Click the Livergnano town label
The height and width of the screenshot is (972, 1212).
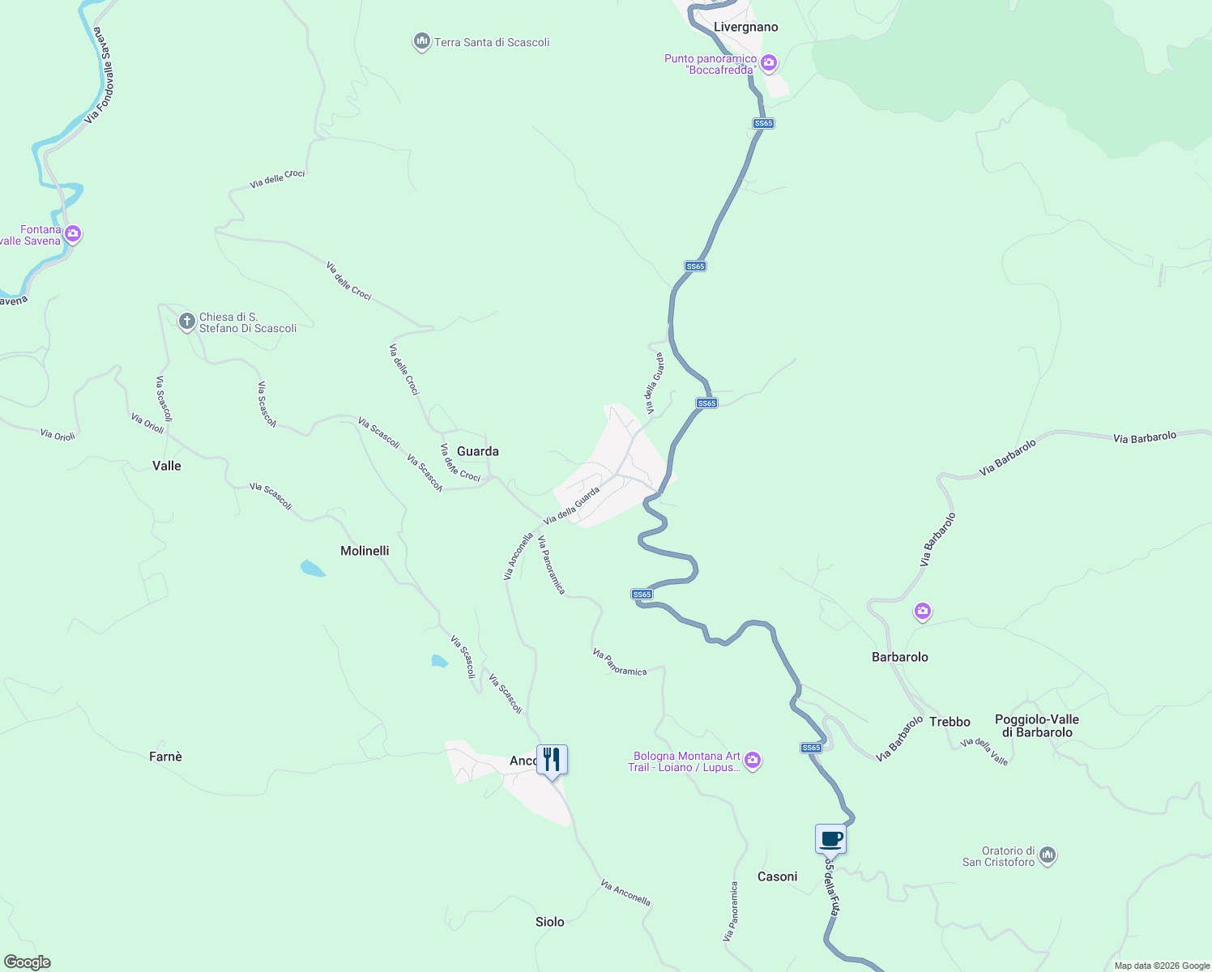(x=745, y=27)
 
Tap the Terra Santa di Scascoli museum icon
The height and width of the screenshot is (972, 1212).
(x=421, y=41)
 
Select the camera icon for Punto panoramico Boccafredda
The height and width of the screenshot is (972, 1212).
(x=769, y=62)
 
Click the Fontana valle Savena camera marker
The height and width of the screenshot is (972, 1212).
(x=73, y=234)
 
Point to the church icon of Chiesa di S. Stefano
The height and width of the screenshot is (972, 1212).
(x=186, y=322)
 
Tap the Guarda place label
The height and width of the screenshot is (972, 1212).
(x=478, y=451)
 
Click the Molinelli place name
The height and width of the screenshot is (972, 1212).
(x=365, y=551)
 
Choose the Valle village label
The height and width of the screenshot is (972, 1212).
(x=167, y=466)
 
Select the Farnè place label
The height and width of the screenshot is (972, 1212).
(x=166, y=757)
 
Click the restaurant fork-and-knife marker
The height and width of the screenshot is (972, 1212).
(x=552, y=760)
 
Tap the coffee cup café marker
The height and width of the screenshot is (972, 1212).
(x=830, y=839)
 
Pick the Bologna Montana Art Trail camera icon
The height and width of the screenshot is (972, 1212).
(x=753, y=760)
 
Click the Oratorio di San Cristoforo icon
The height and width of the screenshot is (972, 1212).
(x=1048, y=855)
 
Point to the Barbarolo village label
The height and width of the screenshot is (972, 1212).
(x=900, y=657)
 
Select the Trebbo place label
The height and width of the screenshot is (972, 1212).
(x=950, y=722)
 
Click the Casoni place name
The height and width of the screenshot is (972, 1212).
(x=777, y=876)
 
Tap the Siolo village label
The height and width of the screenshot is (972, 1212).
(x=550, y=922)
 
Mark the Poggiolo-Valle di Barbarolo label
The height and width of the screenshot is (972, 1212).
(x=1037, y=726)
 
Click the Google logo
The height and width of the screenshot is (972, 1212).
(x=28, y=962)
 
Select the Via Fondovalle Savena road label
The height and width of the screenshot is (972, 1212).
(x=103, y=75)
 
